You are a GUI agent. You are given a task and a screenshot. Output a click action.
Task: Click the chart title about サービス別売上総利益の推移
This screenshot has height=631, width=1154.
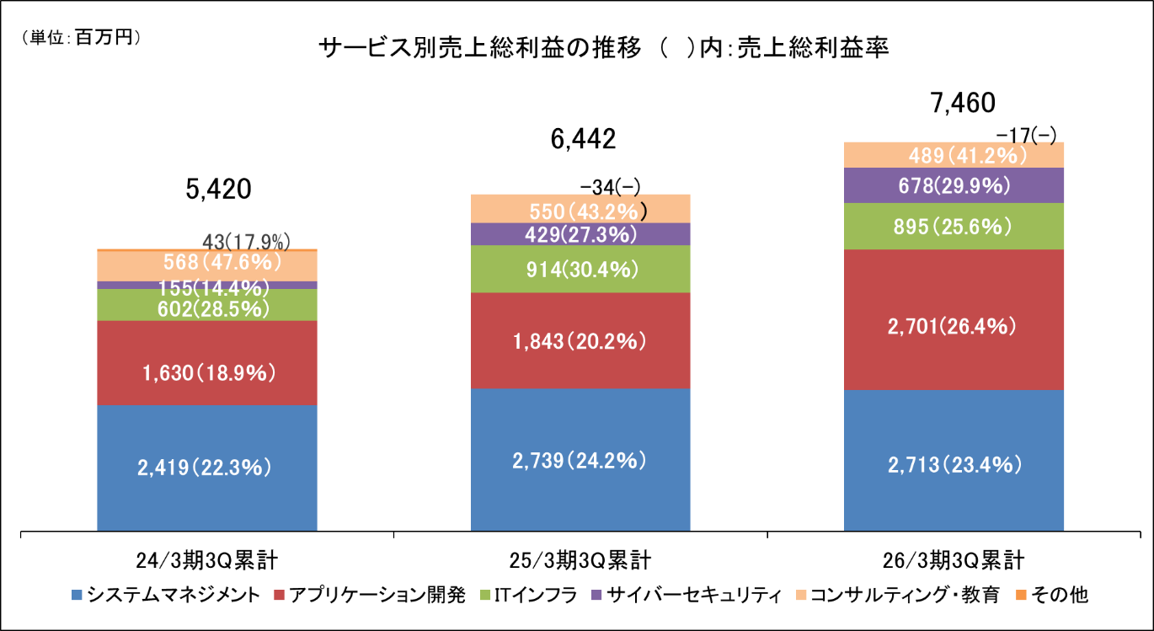click(x=605, y=48)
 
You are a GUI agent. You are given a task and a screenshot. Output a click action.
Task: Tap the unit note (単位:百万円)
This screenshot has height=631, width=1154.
click(x=80, y=38)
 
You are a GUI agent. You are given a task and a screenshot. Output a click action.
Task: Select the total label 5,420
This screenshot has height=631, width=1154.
click(x=219, y=190)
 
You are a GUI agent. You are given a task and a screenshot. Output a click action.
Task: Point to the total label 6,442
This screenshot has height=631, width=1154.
click(x=582, y=139)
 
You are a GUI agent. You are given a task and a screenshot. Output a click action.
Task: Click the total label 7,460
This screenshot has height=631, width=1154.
click(x=962, y=103)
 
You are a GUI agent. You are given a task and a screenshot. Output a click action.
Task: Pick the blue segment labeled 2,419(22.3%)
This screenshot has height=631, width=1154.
click(x=207, y=468)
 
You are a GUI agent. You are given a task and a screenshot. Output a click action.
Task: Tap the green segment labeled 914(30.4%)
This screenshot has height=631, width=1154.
click(x=580, y=270)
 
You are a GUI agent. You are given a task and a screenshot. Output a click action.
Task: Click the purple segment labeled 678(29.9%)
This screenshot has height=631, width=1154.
click(x=954, y=185)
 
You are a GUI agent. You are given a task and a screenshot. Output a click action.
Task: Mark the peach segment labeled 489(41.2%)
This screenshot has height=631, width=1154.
click(x=954, y=155)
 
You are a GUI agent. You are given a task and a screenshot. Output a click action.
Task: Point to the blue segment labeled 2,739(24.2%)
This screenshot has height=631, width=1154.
click(x=580, y=460)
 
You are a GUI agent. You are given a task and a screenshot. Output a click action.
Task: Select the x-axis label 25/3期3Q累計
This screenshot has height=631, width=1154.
click(x=581, y=559)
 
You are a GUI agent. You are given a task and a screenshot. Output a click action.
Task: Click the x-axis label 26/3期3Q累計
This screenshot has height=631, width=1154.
click(x=954, y=559)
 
